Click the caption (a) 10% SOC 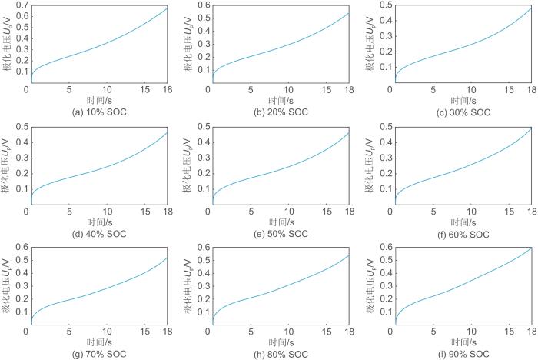pyautogui.click(x=97, y=112)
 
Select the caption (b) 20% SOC pyautogui.click(x=279, y=112)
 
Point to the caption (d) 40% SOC pyautogui.click(x=97, y=233)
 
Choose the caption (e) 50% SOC pyautogui.click(x=279, y=233)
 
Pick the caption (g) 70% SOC pyautogui.click(x=97, y=353)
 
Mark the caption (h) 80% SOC pyautogui.click(x=279, y=353)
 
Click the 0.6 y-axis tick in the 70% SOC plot pyautogui.click(x=21, y=248)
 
